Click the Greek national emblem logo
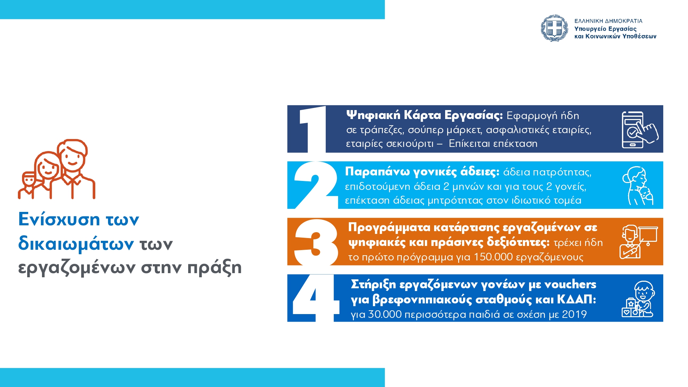coord(555,28)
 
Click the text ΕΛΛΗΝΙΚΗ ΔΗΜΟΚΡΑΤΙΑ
coord(608,21)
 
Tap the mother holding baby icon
coord(638,186)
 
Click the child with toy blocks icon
coord(638,299)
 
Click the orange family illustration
coord(57,169)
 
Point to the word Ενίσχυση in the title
coord(59,219)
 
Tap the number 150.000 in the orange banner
coord(493,257)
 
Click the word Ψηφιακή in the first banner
coord(373,115)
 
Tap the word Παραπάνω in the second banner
coord(377,171)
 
